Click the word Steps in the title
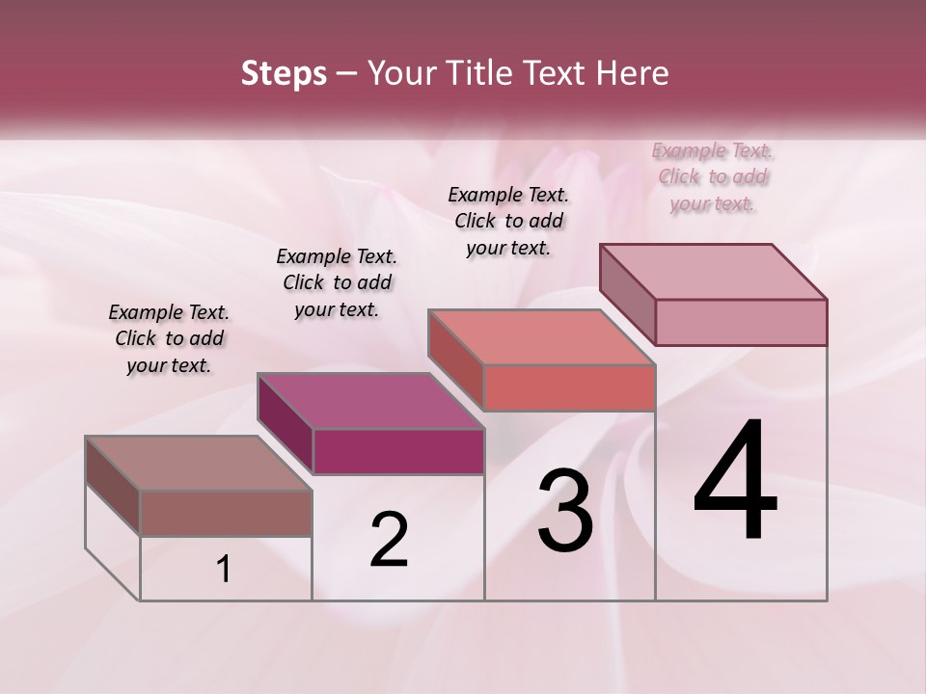click(284, 73)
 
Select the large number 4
click(736, 483)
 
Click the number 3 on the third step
click(565, 511)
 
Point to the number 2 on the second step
click(390, 540)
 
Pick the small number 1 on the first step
click(224, 570)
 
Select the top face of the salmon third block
click(540, 337)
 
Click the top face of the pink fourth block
click(713, 272)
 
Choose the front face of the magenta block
click(398, 451)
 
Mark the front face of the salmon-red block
click(569, 387)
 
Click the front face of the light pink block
click(741, 322)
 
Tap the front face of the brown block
click(226, 513)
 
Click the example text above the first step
click(169, 338)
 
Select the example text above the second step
click(337, 282)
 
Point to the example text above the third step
click(508, 221)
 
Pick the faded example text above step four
click(713, 176)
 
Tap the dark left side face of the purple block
click(286, 424)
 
